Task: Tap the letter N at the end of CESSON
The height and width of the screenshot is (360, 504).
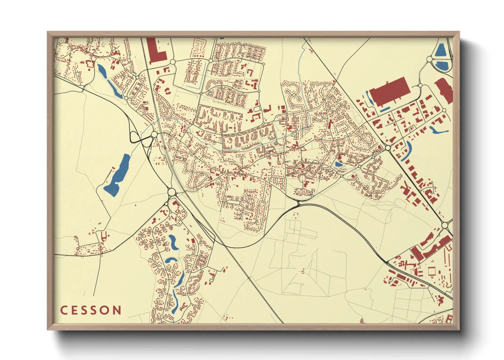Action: pyautogui.click(x=117, y=310)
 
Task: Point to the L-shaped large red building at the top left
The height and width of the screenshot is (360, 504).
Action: pyautogui.click(x=155, y=51)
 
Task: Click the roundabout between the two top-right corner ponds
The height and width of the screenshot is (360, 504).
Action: pyautogui.click(x=429, y=59)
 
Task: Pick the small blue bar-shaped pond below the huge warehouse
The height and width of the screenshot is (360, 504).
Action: pyautogui.click(x=384, y=110)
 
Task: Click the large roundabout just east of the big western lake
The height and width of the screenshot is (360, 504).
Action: pyautogui.click(x=172, y=192)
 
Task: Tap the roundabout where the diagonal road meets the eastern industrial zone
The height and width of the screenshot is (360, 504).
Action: pyautogui.click(x=388, y=148)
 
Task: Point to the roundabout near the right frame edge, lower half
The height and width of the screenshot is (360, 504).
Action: pyautogui.click(x=445, y=225)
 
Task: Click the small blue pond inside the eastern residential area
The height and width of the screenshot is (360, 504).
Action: pyautogui.click(x=339, y=165)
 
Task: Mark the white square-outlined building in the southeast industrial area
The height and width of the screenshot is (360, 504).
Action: pyautogui.click(x=432, y=271)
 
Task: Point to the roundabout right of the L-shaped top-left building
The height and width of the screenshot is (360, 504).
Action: pyautogui.click(x=172, y=62)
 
